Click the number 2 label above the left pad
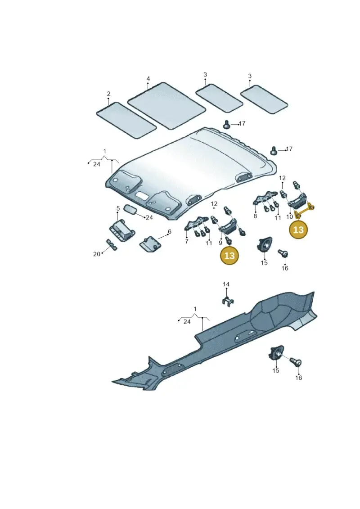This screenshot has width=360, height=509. click(x=109, y=94)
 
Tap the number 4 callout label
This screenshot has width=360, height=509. click(x=148, y=79)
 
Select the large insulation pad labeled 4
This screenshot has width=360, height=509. click(x=167, y=105)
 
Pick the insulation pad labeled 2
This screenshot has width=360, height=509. click(x=126, y=121)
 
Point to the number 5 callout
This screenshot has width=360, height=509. click(x=118, y=208)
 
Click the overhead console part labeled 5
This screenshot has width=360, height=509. click(x=121, y=230)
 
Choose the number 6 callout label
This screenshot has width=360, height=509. click(x=169, y=232)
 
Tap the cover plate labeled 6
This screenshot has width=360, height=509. click(x=151, y=243)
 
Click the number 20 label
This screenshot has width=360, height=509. click(x=97, y=254)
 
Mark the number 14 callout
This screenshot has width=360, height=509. click(x=226, y=284)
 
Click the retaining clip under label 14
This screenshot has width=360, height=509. click(x=229, y=301)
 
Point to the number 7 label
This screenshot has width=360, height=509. click(x=187, y=242)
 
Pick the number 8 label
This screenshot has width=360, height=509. click(x=255, y=216)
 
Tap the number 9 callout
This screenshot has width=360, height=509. click(x=221, y=243)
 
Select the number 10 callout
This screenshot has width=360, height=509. click(x=289, y=216)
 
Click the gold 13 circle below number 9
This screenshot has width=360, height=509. click(x=229, y=256)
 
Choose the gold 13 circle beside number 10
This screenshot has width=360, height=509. click(x=298, y=230)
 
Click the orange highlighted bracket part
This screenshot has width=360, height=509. click(x=305, y=210)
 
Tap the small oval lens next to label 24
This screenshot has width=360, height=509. click(x=130, y=209)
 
